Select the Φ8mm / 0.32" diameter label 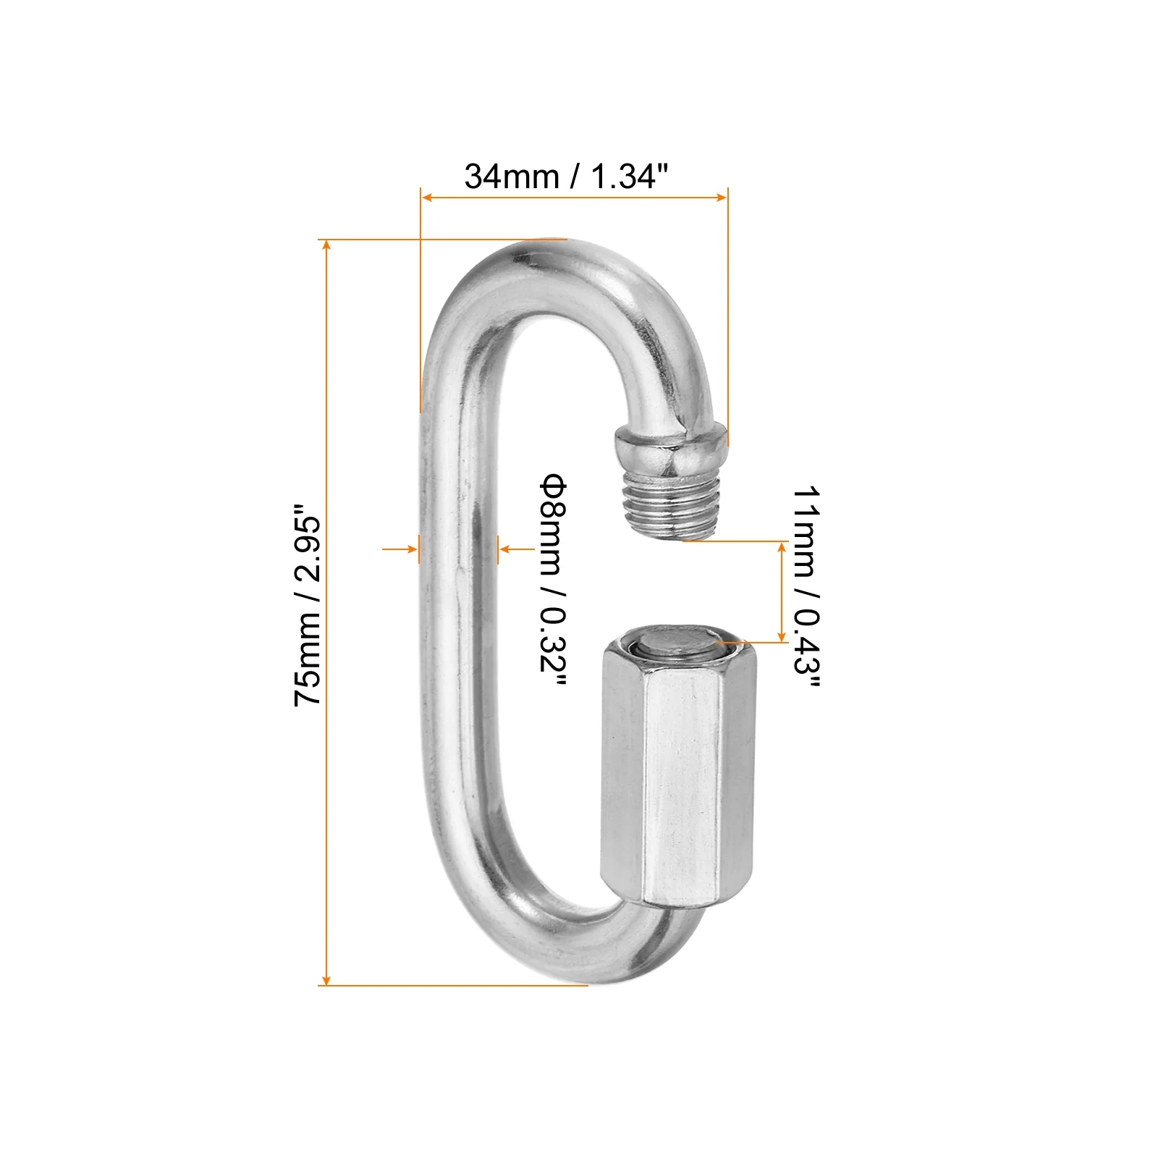(553, 583)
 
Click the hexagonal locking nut (677, 774)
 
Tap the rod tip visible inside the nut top (673, 643)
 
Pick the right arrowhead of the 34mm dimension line (722, 197)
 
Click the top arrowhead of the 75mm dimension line (327, 245)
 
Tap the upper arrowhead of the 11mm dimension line (782, 546)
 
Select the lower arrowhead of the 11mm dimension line (782, 636)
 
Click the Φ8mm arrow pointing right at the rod (413, 550)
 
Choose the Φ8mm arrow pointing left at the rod (504, 550)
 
